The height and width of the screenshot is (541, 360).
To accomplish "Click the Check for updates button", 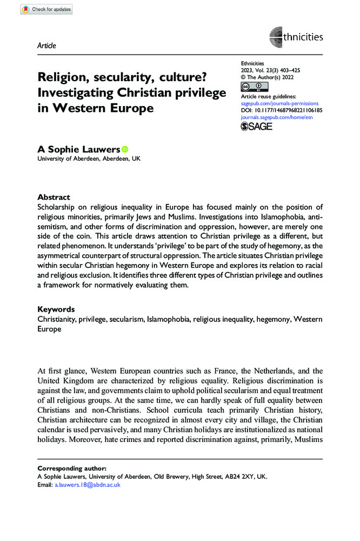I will (x=45, y=10).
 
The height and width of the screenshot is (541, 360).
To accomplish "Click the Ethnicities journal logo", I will (x=296, y=37).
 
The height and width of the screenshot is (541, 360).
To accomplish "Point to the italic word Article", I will (x=47, y=45).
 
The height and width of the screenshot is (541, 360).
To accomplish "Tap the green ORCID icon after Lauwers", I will (x=125, y=149).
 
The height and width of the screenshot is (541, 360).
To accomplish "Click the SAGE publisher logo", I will (x=257, y=126).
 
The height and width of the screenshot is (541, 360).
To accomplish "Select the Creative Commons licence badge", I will (x=253, y=87).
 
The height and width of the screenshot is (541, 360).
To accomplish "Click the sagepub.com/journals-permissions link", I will (x=279, y=103).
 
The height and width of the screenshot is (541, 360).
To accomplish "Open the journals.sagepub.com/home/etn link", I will (x=276, y=116).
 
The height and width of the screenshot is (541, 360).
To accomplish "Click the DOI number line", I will (x=280, y=110).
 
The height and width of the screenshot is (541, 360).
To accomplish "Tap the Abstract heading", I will (x=54, y=197).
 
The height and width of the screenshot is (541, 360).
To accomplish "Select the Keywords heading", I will (x=56, y=309).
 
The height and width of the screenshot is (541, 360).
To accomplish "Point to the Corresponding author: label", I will (x=72, y=468).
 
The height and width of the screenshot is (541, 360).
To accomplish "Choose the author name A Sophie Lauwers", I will (x=78, y=150).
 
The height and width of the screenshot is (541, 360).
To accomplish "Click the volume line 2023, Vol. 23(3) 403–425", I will (x=269, y=71).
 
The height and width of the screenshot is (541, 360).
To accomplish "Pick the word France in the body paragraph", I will (x=232, y=371).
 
